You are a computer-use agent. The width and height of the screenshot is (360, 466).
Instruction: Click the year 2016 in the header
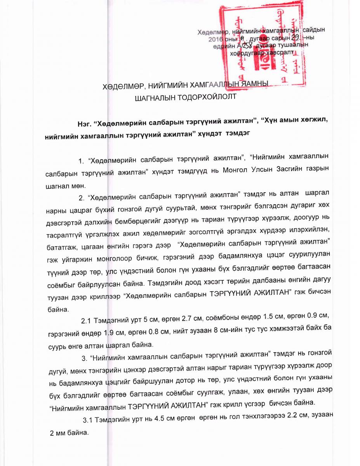tap(217, 39)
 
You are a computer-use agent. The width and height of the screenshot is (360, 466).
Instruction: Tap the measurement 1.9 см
tap(115, 332)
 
